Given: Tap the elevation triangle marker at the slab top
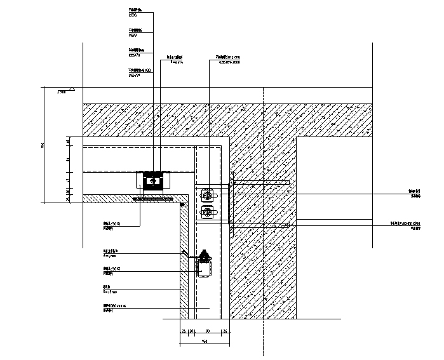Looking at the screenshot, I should (x=73, y=90).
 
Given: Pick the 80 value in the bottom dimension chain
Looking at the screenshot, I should (x=208, y=331).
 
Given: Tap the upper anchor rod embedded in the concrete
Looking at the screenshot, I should (x=260, y=183).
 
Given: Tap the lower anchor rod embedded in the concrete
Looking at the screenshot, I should (x=260, y=225).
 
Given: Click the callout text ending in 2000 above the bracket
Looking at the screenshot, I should (x=229, y=62).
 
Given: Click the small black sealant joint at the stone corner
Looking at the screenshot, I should (x=183, y=205).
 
